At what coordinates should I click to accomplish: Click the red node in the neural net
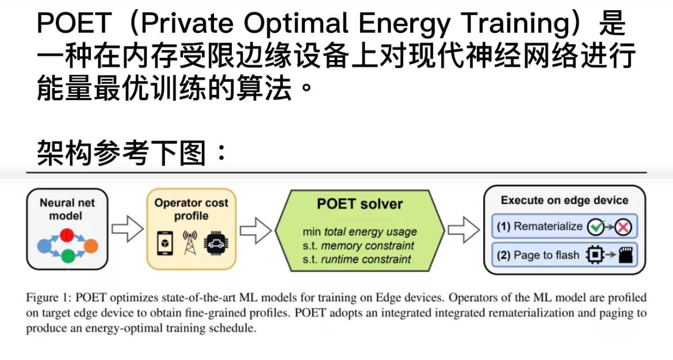67,235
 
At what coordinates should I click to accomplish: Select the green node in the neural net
68,256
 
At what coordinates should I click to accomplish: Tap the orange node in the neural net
91,246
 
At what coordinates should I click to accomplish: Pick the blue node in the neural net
45,246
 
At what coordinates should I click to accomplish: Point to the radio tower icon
190,243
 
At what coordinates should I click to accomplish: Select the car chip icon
217,243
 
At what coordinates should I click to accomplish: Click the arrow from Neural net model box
128,229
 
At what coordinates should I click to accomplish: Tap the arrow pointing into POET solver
255,231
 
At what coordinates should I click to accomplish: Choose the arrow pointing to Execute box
464,230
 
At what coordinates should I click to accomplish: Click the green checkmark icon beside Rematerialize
596,227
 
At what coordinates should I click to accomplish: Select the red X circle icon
623,227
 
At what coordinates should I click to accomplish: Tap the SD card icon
625,255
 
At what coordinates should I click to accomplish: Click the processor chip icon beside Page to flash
595,255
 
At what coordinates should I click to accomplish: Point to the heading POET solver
360,204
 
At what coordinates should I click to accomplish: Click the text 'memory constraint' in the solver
368,246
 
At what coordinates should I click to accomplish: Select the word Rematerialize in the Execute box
548,226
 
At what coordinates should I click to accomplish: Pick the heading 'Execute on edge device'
564,200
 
